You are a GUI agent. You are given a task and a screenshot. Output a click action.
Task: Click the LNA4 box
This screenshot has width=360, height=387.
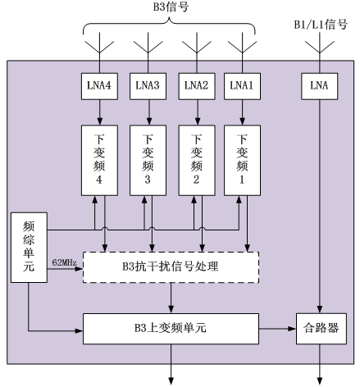click(x=99, y=86)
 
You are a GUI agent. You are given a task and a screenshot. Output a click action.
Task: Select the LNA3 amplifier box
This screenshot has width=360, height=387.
click(x=148, y=86)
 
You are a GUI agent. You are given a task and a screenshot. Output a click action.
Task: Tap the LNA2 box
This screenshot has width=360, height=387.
click(x=197, y=86)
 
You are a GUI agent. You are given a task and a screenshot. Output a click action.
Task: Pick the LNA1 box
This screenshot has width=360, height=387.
click(x=242, y=86)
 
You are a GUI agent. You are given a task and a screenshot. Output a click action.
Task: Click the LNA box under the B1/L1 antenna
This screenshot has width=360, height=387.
click(x=320, y=86)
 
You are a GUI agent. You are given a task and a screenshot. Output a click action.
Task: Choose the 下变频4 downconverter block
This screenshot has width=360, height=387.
click(x=99, y=161)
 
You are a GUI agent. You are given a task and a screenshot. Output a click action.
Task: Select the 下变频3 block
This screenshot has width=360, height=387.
click(x=148, y=161)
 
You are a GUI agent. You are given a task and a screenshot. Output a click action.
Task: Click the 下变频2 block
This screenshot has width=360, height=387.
click(x=197, y=161)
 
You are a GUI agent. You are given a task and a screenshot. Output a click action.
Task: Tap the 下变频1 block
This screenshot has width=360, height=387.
click(x=242, y=161)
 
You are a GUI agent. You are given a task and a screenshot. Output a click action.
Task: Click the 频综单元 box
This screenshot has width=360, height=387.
click(x=29, y=248)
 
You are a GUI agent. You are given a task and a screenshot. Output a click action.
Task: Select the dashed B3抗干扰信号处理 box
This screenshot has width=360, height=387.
click(x=171, y=267)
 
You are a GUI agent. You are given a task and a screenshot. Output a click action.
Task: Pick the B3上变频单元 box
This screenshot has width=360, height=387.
click(x=171, y=329)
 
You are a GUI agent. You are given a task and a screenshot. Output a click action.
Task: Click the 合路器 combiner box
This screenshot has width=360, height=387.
click(x=321, y=329)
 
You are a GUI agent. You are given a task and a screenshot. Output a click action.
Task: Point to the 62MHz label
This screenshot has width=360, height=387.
click(x=64, y=262)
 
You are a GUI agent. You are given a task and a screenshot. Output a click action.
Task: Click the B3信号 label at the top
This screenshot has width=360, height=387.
click(x=171, y=7)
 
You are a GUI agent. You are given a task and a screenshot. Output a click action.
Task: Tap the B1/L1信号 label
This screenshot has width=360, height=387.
click(x=321, y=25)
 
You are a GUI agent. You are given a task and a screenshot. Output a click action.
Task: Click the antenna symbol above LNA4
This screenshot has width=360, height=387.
click(x=99, y=43)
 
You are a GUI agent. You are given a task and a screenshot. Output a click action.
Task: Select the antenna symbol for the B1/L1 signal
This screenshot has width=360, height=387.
click(x=320, y=43)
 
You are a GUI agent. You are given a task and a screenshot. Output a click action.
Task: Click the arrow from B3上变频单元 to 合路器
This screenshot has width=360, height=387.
click(x=278, y=329)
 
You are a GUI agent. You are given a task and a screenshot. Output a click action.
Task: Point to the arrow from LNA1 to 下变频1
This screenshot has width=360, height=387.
click(x=242, y=112)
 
